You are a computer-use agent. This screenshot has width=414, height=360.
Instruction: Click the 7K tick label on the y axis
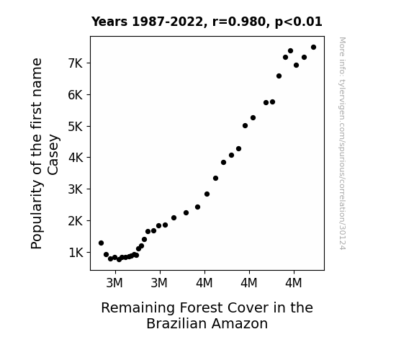76,63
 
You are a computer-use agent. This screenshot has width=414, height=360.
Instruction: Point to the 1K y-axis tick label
76,253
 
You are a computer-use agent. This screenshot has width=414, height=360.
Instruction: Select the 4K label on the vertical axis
76,158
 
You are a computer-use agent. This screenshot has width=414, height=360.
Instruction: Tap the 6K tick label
76,95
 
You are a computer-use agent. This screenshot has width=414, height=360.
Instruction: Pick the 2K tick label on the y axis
76,221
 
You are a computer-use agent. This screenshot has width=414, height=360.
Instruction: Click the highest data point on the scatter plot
313,48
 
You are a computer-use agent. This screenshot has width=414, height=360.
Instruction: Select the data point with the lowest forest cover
101,243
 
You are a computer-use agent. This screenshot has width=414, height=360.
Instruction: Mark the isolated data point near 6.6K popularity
279,76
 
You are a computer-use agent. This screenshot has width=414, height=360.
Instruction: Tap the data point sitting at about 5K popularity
245,126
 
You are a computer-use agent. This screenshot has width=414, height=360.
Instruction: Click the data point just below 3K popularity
207,194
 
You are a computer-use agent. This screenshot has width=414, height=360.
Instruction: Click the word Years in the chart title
109,22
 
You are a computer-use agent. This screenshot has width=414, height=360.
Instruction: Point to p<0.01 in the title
298,22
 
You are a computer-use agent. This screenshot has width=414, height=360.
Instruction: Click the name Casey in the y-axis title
53,155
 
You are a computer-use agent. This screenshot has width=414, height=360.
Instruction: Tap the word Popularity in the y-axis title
37,215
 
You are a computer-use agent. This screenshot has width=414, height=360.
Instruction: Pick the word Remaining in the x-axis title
138,308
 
